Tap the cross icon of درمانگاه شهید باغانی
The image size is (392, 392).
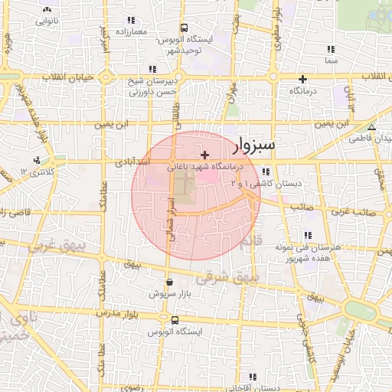[x=204, y=155]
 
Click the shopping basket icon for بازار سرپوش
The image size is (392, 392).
[x=169, y=283]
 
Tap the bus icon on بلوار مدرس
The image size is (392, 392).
[x=175, y=320]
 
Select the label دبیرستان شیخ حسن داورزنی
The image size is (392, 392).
[x=151, y=86]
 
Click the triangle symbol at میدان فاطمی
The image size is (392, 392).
[x=372, y=128]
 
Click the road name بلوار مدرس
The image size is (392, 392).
[x=119, y=314]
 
